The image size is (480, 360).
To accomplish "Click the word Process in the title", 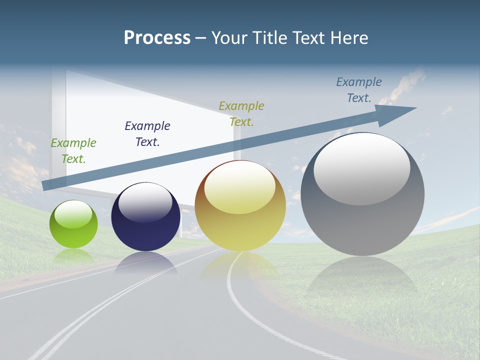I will [157, 38].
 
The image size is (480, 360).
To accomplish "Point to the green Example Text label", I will [73, 151].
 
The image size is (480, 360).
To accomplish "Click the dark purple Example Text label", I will [147, 134].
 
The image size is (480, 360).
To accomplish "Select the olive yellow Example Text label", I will [241, 114].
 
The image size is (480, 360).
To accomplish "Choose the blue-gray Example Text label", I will [359, 90].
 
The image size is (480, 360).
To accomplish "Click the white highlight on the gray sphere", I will [362, 169].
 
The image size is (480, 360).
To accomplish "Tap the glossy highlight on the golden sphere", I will [240, 187].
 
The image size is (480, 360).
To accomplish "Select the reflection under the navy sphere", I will [145, 262].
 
